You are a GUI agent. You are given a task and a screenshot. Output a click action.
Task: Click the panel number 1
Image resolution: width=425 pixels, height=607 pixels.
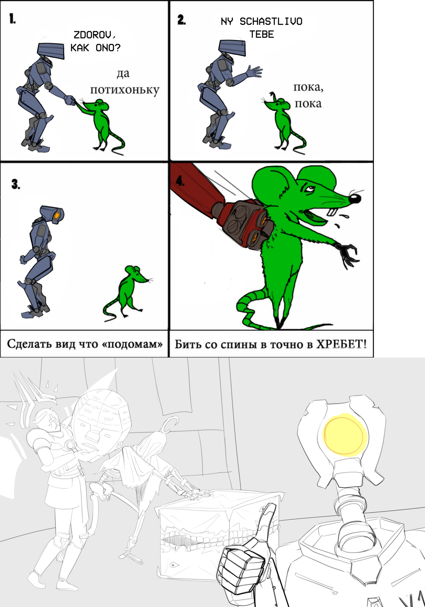pos(12,19)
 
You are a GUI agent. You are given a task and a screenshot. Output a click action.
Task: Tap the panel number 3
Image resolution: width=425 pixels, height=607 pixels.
pos(15,184)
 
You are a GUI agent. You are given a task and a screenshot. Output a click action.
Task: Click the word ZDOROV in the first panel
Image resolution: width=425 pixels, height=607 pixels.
pos(94,35)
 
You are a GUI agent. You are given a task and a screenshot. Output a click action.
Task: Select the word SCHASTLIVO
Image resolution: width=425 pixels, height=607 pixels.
pos(271,21)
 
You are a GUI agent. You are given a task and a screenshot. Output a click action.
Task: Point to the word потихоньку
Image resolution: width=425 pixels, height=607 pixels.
pos(125,90)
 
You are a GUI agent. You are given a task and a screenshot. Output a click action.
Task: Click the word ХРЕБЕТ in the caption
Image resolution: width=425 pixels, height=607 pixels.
pos(341,344)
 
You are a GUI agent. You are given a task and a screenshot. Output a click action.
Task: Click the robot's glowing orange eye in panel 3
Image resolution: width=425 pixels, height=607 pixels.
pos(57,215)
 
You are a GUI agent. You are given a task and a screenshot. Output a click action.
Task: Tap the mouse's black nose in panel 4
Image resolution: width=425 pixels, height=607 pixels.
pos(355,198)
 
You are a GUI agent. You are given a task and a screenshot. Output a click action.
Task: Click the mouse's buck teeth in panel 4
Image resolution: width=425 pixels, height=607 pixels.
pos(332,211)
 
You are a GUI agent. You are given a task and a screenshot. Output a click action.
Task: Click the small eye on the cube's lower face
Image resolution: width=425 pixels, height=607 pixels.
pos(172,564)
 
